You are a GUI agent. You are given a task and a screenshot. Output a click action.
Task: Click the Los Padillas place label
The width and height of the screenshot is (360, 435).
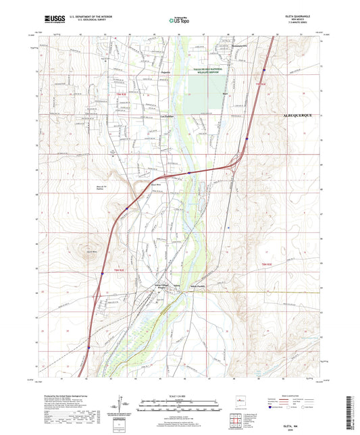(x=168, y=116)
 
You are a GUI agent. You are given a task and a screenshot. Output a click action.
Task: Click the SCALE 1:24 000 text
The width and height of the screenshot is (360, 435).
(x=179, y=394)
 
